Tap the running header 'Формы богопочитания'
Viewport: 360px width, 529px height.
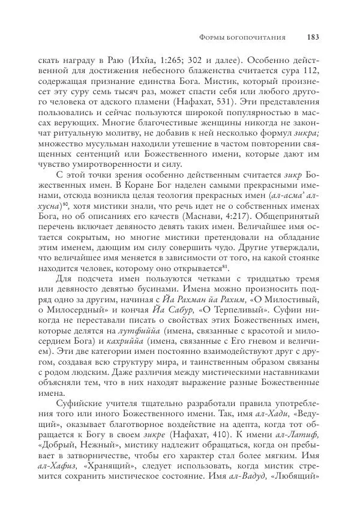pos(242,37)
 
